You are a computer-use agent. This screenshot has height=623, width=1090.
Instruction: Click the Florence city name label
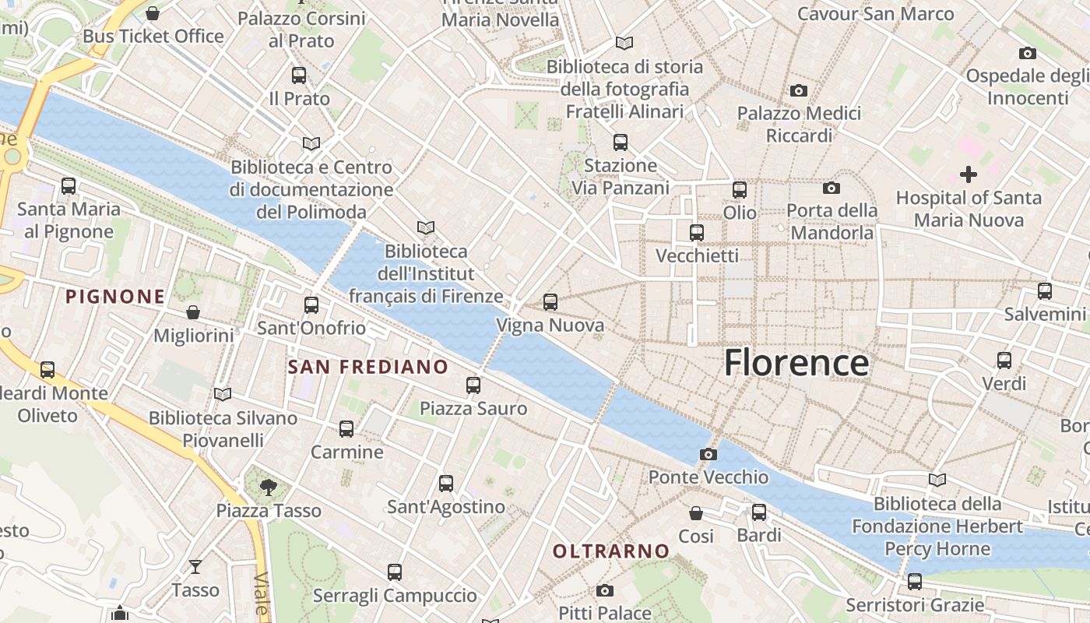point(796,364)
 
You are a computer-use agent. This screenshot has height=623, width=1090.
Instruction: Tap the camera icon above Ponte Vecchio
point(708,454)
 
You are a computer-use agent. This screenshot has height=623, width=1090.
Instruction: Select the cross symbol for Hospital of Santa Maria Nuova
point(968,174)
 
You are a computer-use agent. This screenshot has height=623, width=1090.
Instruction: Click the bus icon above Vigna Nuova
point(550,302)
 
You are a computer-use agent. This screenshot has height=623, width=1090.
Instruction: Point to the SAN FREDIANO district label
point(367,367)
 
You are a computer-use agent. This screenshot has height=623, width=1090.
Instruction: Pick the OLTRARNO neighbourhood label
point(611,551)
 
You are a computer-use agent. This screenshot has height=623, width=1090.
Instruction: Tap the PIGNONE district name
point(115,297)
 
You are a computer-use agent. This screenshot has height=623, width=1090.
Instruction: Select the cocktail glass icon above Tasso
point(195,567)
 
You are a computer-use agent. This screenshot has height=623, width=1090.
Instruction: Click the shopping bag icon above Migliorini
point(193,313)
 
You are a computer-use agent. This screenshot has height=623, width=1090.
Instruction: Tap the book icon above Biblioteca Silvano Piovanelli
point(223,395)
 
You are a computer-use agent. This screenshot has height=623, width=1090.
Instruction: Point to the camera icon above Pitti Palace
point(604,591)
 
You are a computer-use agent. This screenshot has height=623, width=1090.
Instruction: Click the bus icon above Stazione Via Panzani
point(620,143)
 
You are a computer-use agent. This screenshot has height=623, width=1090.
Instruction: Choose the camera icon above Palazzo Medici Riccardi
point(798,91)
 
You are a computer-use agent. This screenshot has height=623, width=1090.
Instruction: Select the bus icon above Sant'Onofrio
point(311,304)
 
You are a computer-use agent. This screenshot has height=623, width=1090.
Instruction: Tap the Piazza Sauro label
point(473,408)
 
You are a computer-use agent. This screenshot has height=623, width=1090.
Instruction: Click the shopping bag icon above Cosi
point(696,513)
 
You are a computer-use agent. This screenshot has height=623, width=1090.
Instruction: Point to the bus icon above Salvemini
point(1044,291)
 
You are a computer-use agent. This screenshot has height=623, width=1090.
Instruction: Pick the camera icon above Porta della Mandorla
point(831,188)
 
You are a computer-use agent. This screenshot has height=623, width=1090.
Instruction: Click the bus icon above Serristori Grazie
point(914,582)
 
